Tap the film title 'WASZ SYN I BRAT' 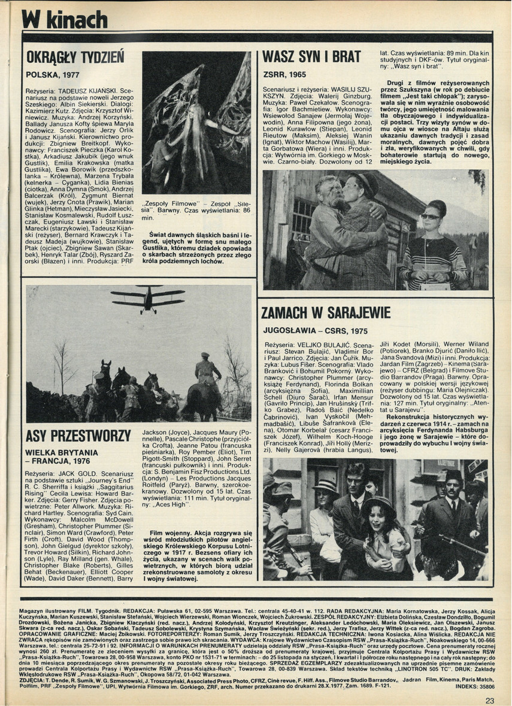pyautogui.click(x=312, y=58)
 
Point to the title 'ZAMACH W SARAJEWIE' pyautogui.click(x=326, y=313)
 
